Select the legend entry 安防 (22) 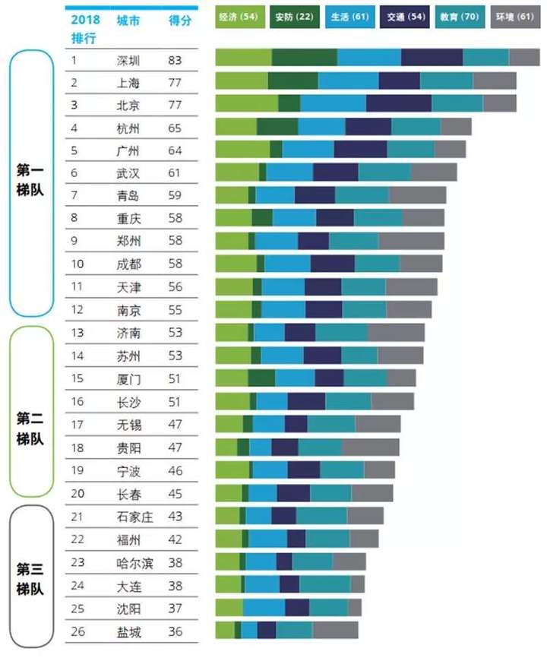295,16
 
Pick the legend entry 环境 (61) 514,16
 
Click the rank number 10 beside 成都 77,264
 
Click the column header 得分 179,21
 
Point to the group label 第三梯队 31,578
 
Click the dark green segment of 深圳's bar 304,58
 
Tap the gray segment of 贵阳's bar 370,448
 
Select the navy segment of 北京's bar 398,103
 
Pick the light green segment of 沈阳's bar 229,608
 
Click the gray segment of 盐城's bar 335,631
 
